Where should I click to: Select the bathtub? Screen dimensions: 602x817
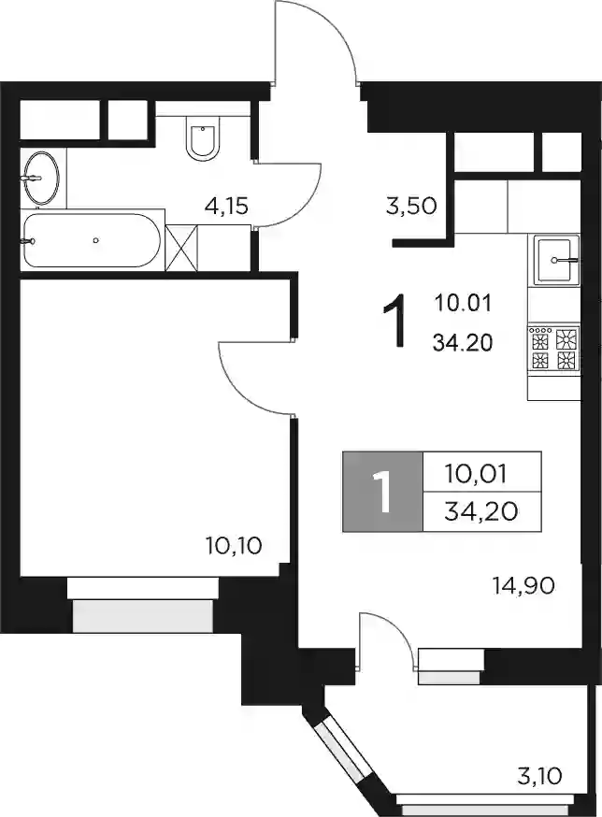(x=92, y=240)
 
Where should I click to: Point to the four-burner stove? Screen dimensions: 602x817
(x=554, y=349)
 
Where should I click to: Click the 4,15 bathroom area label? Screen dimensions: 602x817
(x=225, y=207)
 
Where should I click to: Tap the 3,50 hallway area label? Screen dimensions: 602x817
(x=410, y=207)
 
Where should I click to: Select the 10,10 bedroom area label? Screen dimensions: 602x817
(x=234, y=546)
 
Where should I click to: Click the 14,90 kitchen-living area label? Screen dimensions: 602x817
(x=523, y=586)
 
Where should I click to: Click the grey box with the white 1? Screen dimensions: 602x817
(x=382, y=492)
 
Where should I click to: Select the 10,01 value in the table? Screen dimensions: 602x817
(x=476, y=474)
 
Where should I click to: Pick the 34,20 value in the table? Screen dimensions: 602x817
(x=481, y=511)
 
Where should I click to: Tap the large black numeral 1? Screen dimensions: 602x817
(x=394, y=321)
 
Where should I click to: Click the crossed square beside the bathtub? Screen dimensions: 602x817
(x=181, y=248)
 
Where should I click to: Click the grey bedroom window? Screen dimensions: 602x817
(x=143, y=616)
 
